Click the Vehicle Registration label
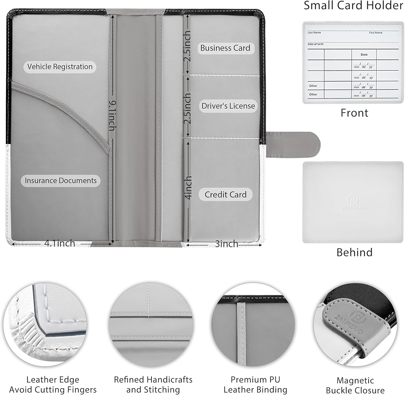pos(60,67)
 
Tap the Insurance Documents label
pos(61,180)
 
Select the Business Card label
pos(225,48)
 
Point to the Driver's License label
pos(228,106)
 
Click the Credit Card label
pos(225,195)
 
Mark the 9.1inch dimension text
pos(111,116)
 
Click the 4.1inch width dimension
pos(60,243)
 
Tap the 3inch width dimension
pos(226,244)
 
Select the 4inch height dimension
pos(188,187)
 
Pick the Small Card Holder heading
pos(353,6)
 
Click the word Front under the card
pos(354,113)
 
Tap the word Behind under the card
pos(354,252)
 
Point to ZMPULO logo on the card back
pos(353,202)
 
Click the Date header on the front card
pos(364,54)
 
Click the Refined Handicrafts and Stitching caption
pos(153,385)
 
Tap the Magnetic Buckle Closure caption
pos(355,385)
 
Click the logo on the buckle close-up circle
pos(357,318)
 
